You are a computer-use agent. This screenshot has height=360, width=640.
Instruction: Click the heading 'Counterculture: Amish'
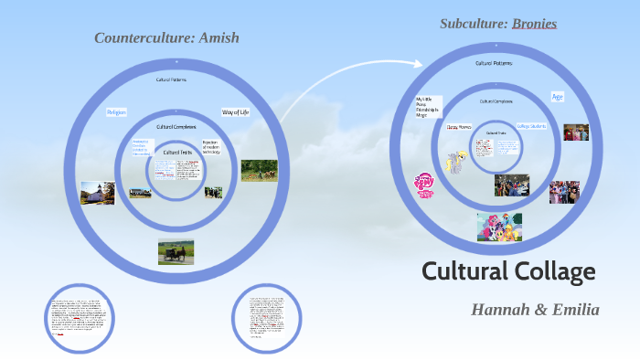pyautogui.click(x=165, y=37)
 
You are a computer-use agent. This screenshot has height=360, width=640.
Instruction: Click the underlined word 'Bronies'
pyautogui.click(x=534, y=23)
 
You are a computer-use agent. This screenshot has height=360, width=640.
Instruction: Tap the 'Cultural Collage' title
pyautogui.click(x=508, y=271)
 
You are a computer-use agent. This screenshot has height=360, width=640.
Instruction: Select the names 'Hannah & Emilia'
pyautogui.click(x=535, y=310)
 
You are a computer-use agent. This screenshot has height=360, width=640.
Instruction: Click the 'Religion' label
pyautogui.click(x=116, y=111)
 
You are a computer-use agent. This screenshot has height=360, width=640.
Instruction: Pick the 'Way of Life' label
pyautogui.click(x=235, y=111)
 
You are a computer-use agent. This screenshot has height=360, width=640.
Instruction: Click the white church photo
pyautogui.click(x=98, y=192)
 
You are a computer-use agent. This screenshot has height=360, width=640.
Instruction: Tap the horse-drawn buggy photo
pyautogui.click(x=176, y=251)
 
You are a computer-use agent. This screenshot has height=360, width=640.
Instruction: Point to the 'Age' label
pyautogui.click(x=557, y=96)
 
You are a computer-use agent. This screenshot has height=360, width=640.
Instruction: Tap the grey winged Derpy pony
pyautogui.click(x=454, y=162)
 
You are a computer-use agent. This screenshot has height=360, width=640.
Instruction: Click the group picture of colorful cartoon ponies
pyautogui.click(x=499, y=228)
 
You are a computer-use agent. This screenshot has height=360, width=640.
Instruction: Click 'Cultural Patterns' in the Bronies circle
pyautogui.click(x=494, y=63)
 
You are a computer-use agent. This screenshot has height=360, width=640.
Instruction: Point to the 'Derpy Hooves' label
pyautogui.click(x=458, y=127)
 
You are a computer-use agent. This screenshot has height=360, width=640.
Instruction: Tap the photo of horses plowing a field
pyautogui.click(x=259, y=170)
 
